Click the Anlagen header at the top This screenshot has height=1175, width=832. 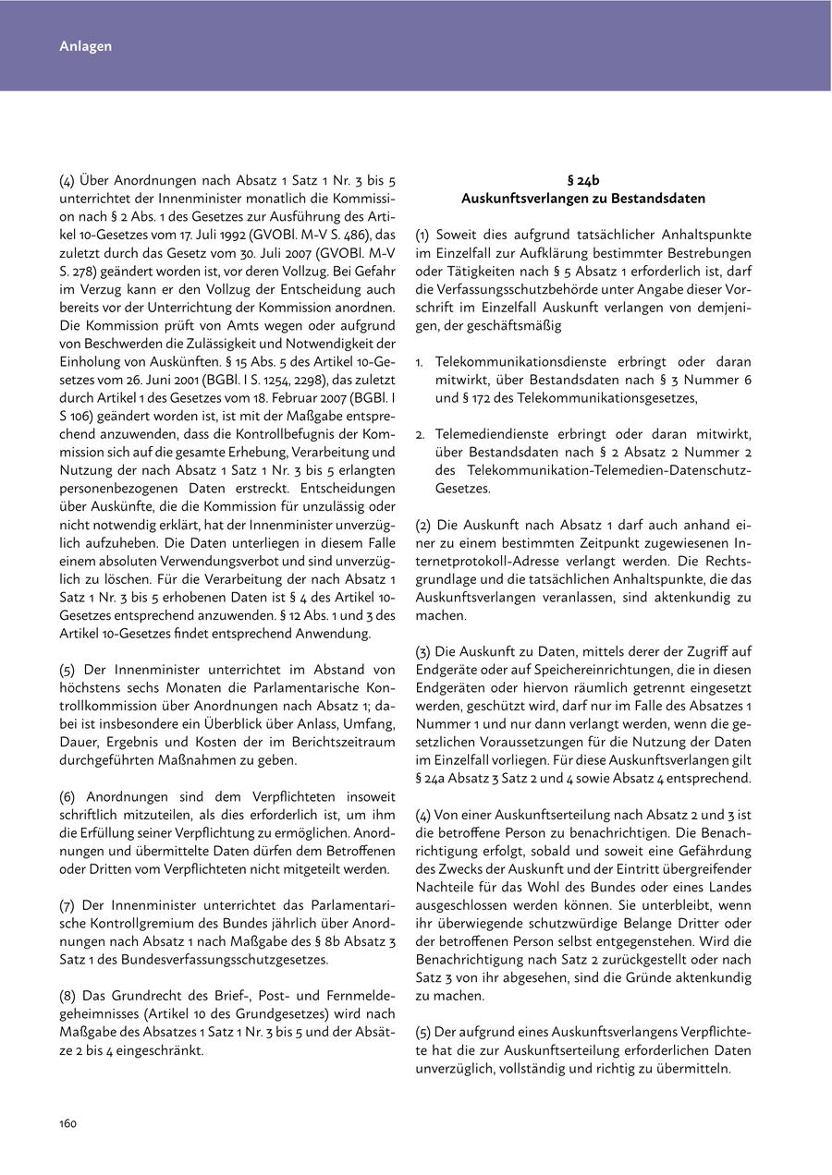coord(85,46)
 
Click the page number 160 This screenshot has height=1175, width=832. coord(68,1123)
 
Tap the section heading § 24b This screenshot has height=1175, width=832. coord(583,181)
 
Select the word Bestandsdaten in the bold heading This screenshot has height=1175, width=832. coord(661,199)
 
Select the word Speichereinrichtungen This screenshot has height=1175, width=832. coord(598,670)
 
